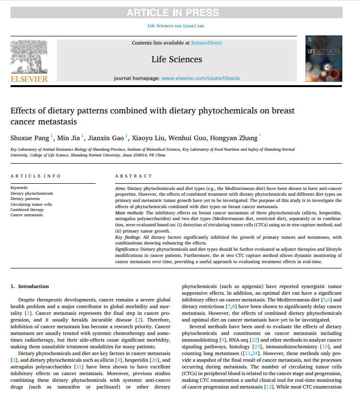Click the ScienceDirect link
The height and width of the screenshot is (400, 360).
[x=206, y=43]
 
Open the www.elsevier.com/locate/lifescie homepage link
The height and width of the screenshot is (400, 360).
[x=200, y=78]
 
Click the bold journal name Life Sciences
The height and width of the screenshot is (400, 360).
[x=176, y=59]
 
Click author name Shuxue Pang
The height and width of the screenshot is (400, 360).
[x=30, y=138]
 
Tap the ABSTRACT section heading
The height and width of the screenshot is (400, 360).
[x=133, y=176]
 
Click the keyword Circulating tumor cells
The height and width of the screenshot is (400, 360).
[x=31, y=204]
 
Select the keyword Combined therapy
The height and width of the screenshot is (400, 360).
[x=27, y=210]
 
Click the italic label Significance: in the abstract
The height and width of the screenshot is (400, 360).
[x=127, y=250]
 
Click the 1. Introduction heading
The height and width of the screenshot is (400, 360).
[x=30, y=287]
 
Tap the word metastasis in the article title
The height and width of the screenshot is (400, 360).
[x=53, y=122]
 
